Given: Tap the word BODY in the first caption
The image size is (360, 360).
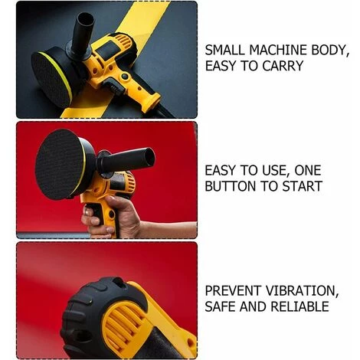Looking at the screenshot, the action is click(x=329, y=51).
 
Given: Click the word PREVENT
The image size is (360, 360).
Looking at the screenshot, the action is click(x=234, y=291).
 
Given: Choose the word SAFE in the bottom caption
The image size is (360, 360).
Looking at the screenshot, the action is click(x=221, y=306).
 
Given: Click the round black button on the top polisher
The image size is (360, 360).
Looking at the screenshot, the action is click(x=125, y=77).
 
